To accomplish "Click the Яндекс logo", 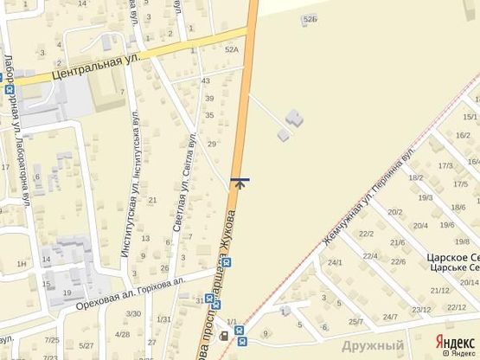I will click(x=453, y=341).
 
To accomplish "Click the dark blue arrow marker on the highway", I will click(x=240, y=182).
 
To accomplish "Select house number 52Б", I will click(x=310, y=18).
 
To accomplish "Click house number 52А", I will click(x=231, y=50).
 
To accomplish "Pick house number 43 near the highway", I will click(x=206, y=80).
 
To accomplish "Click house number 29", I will click(x=212, y=144).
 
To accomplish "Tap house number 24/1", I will click(x=335, y=262).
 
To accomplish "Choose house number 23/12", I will click(x=421, y=309).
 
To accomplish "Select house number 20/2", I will click(x=395, y=211).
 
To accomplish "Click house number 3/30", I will click(x=133, y=313).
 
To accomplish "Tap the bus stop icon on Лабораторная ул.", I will click(x=10, y=87).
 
